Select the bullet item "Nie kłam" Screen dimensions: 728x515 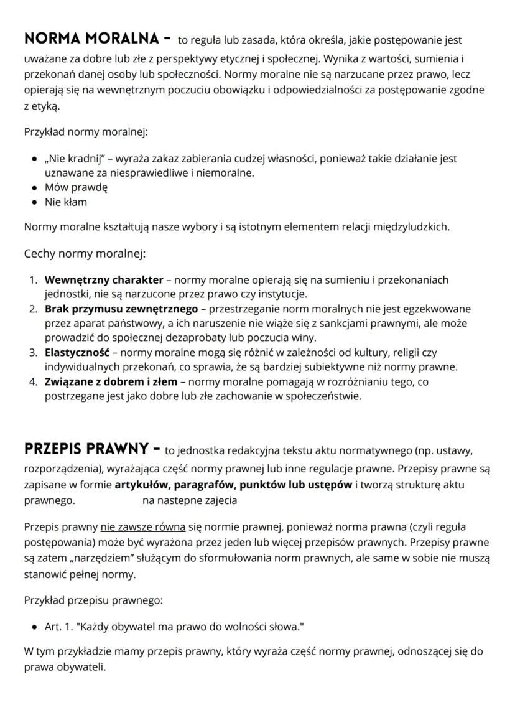(x=66, y=202)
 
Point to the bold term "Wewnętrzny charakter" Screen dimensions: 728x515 (x=104, y=280)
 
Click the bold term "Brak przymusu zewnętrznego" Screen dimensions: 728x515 (x=121, y=309)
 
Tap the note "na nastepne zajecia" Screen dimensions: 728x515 (x=190, y=500)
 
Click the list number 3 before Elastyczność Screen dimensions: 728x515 (x=34, y=352)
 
